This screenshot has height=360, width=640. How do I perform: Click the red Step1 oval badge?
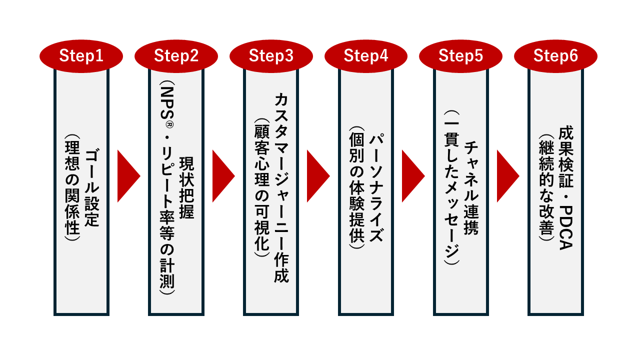click(x=81, y=56)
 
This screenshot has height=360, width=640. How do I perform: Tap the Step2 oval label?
click(x=176, y=56)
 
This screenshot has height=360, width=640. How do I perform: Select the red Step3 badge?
click(x=271, y=56)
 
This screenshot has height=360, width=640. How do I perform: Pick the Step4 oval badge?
click(x=366, y=56)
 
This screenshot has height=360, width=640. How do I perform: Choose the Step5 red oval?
click(x=460, y=56)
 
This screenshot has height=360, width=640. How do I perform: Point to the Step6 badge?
click(x=555, y=56)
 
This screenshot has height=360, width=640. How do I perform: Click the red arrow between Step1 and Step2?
click(x=127, y=175)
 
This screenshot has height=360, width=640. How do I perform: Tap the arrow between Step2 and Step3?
click(x=222, y=175)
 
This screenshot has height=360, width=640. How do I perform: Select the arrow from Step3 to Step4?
click(x=317, y=175)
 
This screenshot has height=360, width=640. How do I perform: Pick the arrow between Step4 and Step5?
click(x=412, y=175)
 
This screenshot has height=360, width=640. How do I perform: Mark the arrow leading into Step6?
click(x=507, y=175)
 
